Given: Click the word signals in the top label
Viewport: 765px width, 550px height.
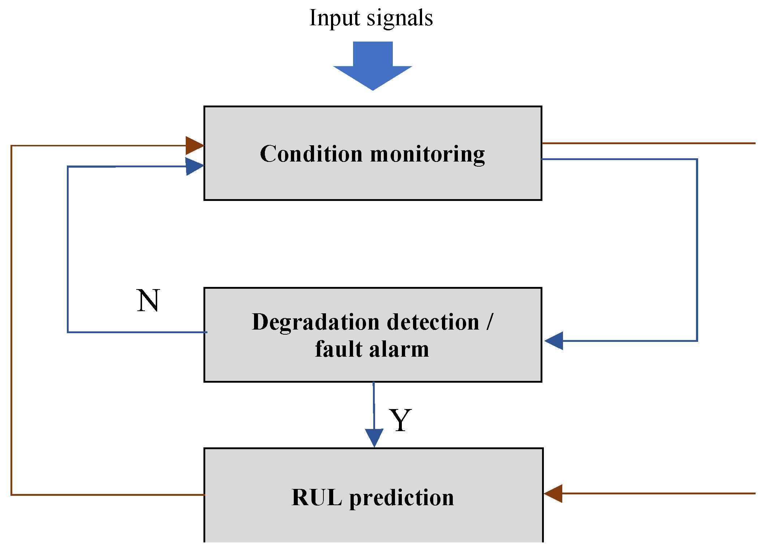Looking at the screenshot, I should click(x=400, y=18).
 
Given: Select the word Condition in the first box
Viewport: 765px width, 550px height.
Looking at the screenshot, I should click(x=311, y=154).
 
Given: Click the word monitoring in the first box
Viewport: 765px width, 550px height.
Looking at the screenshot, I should click(x=427, y=155).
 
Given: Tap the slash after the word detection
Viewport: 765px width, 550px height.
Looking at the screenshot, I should click(x=490, y=322).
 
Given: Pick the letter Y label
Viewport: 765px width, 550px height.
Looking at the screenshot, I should click(x=400, y=420).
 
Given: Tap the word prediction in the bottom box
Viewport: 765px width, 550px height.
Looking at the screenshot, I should click(x=401, y=498).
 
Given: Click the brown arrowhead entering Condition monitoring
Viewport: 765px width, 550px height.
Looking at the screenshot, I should click(x=194, y=146).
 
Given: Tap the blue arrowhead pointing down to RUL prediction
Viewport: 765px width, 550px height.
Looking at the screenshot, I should click(x=374, y=437).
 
